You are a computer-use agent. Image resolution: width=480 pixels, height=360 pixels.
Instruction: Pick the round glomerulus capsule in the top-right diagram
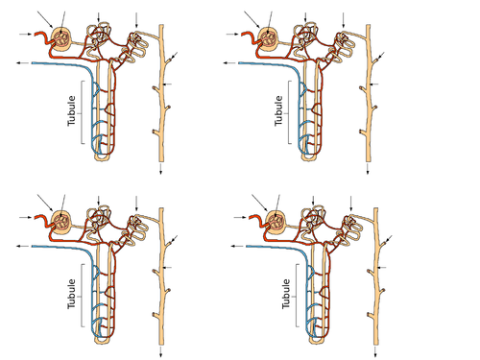270,38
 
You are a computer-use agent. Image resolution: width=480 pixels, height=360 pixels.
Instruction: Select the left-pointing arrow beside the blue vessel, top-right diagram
231,62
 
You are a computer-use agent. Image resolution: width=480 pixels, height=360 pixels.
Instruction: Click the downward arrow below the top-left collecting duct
159,169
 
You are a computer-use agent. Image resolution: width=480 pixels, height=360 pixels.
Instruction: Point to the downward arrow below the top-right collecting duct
368,169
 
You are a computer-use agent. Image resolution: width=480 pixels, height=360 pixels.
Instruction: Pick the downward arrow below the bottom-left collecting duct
159,352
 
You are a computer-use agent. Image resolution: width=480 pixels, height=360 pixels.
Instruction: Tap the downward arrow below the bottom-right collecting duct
374,352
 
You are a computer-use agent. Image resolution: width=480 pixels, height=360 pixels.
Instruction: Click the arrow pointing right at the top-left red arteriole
24,35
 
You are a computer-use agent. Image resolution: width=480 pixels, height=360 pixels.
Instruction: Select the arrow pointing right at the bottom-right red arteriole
239,218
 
